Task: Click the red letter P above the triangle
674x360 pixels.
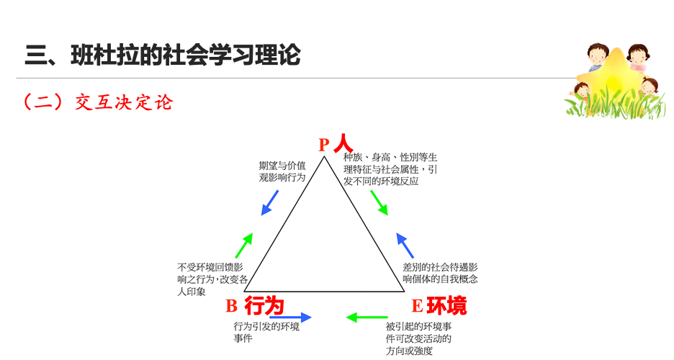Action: point(323,145)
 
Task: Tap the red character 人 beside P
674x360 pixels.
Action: point(343,143)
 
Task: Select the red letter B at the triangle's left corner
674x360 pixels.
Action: point(231,307)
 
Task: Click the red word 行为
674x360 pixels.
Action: point(264,306)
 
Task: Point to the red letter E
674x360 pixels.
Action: point(416,307)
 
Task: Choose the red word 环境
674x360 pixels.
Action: point(446,306)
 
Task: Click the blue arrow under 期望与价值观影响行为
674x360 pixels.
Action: point(270,202)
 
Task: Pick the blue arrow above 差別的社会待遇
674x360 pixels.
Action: point(405,246)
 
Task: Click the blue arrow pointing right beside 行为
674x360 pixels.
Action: point(290,317)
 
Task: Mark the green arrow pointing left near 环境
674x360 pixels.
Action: point(367,317)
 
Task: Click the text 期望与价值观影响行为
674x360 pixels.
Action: point(282,171)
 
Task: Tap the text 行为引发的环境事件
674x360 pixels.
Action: point(266,332)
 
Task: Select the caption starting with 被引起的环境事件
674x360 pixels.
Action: point(418,338)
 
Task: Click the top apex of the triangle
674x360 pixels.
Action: point(326,156)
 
